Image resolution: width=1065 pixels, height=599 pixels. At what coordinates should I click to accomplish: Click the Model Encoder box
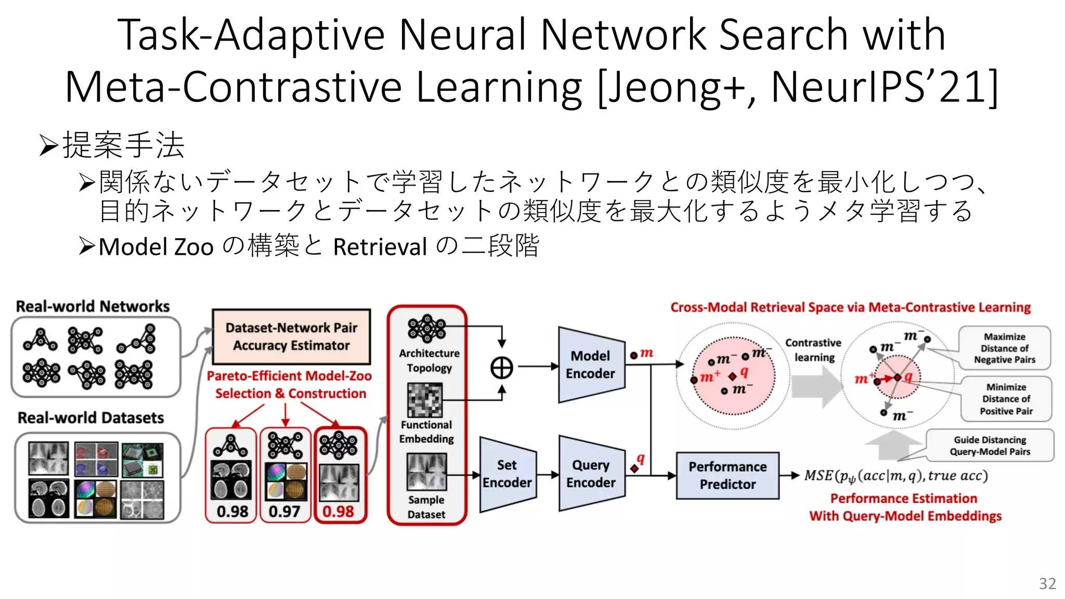pos(591,364)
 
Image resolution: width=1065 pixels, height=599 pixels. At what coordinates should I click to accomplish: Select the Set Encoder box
pos(507,474)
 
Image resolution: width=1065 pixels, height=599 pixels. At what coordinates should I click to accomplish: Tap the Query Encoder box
pos(591,474)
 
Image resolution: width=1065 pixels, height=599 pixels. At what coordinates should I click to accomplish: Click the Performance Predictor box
pos(728,475)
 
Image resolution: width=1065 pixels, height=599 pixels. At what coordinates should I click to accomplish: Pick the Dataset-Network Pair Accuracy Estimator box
pos(291,336)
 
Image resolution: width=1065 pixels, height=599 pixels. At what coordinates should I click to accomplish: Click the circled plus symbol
pos(502,368)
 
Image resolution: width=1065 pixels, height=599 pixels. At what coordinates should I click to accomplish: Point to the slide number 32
pos(1047,583)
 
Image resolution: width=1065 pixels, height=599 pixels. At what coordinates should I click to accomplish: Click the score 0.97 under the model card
pos(284,512)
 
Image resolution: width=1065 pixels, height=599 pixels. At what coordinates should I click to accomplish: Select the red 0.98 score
pos(338,512)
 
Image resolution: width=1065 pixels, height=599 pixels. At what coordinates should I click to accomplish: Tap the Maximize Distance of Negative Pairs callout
pos(1004,348)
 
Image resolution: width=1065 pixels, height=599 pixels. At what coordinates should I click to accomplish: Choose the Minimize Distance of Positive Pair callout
pos(1006,399)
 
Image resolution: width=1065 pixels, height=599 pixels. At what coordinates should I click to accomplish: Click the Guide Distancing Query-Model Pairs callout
pos(990,446)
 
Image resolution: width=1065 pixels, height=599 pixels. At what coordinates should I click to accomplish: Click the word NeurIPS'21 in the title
pos(884,87)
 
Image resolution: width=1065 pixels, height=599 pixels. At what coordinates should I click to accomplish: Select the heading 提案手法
pos(123,145)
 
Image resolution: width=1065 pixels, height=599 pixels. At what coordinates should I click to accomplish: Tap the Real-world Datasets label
pos(91,418)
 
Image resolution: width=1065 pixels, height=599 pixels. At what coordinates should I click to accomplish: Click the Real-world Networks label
pos(93,306)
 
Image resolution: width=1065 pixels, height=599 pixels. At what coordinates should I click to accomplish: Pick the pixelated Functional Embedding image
pos(425,400)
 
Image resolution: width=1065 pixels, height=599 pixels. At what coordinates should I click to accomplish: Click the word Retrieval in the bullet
pos(380,246)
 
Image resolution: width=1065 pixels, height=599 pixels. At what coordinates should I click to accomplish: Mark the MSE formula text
pos(895,475)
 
